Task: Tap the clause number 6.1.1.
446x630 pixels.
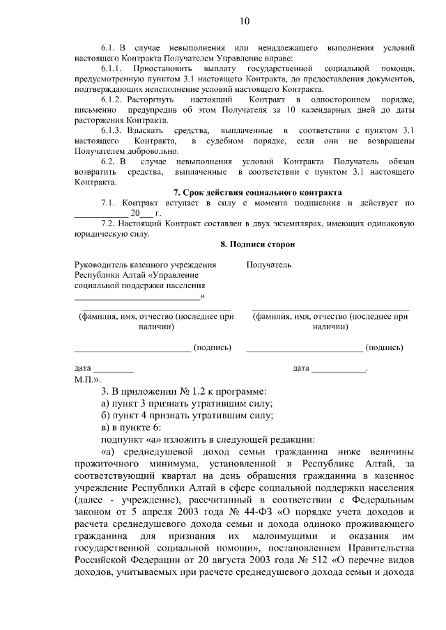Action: pyautogui.click(x=112, y=71)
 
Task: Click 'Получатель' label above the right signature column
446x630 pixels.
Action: pyautogui.click(x=269, y=265)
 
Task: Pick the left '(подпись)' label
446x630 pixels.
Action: pyautogui.click(x=212, y=347)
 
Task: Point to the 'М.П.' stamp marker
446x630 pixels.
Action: pyautogui.click(x=86, y=380)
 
